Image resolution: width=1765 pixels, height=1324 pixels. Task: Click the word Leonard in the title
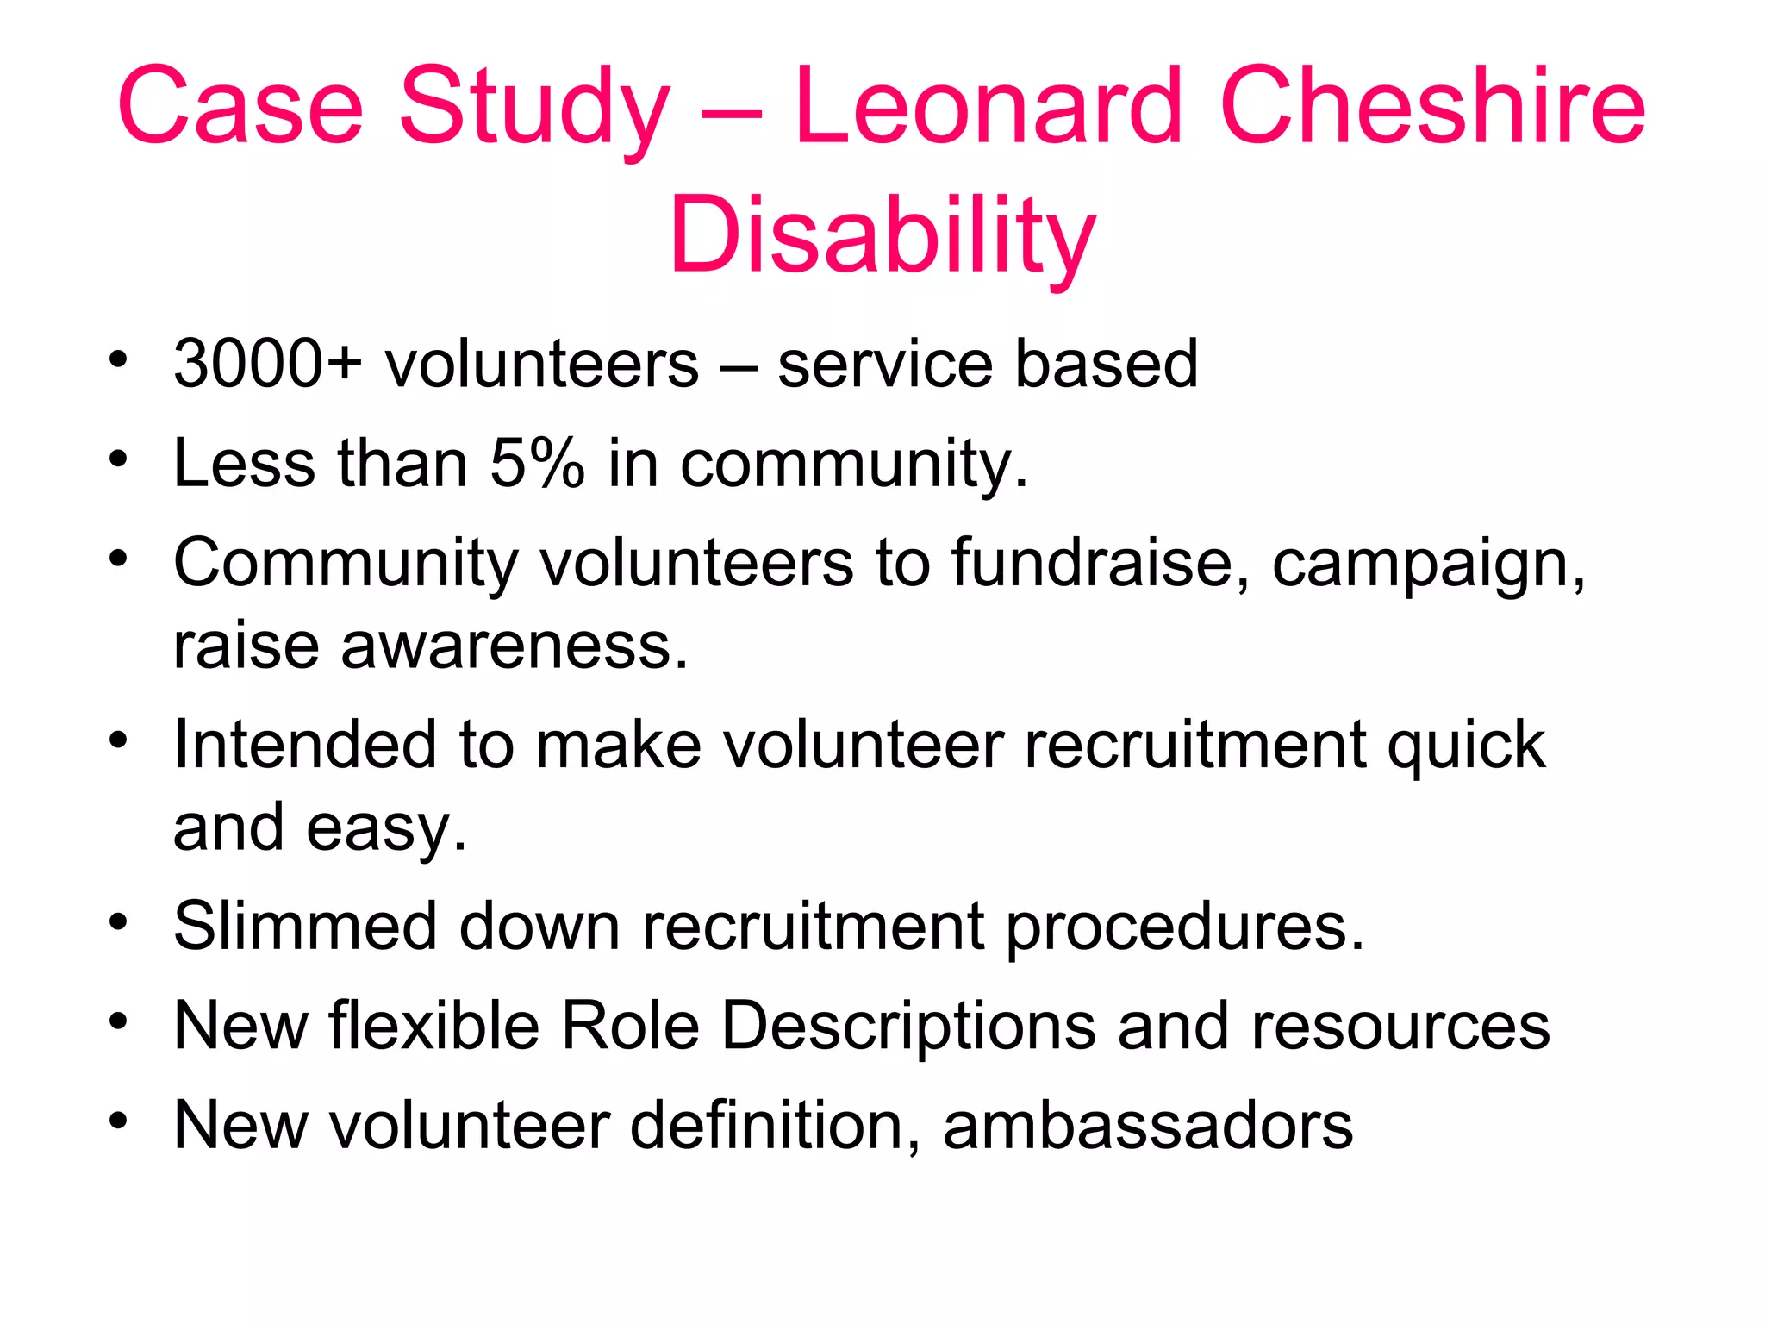[x=988, y=107]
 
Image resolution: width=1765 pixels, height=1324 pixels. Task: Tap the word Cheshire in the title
[x=1432, y=107]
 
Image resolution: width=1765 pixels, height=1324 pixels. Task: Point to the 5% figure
[x=537, y=464]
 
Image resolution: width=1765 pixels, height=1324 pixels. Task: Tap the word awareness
[x=515, y=646]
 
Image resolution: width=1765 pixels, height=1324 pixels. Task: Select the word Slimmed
[x=305, y=927]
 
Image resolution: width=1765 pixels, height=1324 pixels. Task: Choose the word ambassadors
[x=1148, y=1126]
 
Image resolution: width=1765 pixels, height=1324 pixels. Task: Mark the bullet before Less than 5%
[x=118, y=459]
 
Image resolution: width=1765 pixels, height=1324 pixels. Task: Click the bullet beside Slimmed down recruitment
[x=118, y=921]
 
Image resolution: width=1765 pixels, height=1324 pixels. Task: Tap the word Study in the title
[x=534, y=109]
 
